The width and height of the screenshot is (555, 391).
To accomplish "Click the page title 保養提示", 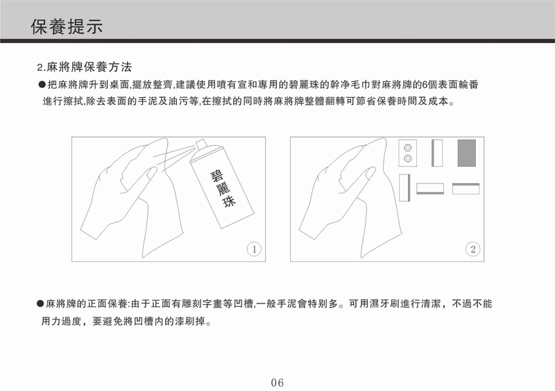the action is (x=67, y=26).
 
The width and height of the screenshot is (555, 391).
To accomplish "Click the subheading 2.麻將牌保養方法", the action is (x=85, y=67).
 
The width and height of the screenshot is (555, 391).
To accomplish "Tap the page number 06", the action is (x=277, y=383).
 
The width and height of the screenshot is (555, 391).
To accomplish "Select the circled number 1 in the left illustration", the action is (x=254, y=249).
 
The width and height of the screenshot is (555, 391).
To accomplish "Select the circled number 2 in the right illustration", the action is (x=472, y=249).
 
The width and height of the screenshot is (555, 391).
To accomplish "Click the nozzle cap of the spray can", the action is (x=201, y=144).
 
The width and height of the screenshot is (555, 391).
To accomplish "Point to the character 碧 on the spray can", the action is (x=217, y=176).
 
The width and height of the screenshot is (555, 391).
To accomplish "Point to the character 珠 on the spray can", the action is (x=229, y=202).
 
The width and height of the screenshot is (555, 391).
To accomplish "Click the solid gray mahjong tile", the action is (x=466, y=153).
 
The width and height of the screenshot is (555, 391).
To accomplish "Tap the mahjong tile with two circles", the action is (x=407, y=153).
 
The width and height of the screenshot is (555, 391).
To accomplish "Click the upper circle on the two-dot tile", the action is (x=407, y=147).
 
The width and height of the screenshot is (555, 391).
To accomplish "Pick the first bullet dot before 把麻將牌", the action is (x=42, y=85).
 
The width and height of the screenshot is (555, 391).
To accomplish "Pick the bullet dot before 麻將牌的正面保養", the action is (x=40, y=303).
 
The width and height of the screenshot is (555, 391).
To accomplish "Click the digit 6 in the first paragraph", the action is (x=425, y=85).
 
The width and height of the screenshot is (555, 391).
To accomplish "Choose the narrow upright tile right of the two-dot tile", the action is (x=437, y=153).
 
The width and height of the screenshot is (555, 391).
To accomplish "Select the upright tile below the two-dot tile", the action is (x=404, y=188).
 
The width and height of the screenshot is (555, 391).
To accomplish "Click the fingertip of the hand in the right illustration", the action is (x=372, y=172).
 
